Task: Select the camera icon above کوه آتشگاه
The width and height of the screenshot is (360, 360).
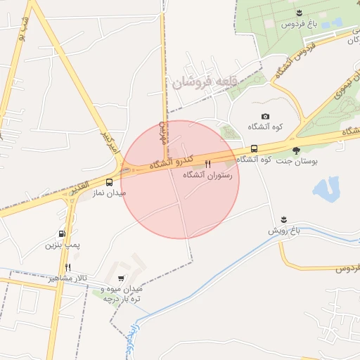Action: (x=265, y=116)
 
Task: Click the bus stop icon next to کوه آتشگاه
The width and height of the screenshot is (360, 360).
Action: (x=254, y=149)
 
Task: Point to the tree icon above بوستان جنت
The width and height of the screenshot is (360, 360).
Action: (x=296, y=150)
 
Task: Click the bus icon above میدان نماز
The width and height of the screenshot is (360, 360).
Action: (x=108, y=181)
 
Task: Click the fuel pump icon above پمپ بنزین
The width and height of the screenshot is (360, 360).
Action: (x=63, y=234)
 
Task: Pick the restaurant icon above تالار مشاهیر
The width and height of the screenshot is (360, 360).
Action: (x=68, y=267)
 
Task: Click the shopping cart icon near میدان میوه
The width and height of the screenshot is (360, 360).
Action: (x=122, y=278)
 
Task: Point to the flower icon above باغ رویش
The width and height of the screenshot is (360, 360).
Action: (x=283, y=220)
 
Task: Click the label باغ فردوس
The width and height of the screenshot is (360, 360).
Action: (x=297, y=24)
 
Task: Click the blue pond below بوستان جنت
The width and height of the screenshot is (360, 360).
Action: (x=326, y=188)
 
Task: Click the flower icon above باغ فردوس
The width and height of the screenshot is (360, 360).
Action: (x=299, y=13)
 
